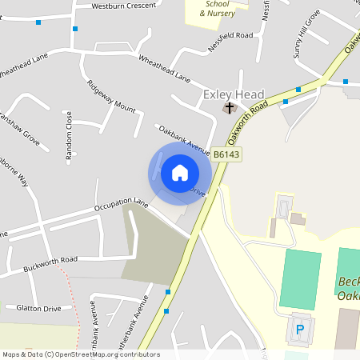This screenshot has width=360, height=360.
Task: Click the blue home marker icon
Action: click(x=179, y=172)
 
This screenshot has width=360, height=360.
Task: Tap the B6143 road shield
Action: click(x=227, y=154)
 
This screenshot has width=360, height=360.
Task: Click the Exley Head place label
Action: click(x=234, y=94)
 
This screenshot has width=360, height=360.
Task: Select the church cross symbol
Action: click(x=230, y=106)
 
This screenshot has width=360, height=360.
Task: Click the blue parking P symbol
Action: click(x=301, y=329)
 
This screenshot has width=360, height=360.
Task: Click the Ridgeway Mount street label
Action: click(x=112, y=94)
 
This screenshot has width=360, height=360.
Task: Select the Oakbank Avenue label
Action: click(x=183, y=140)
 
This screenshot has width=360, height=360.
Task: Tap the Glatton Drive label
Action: click(x=39, y=308)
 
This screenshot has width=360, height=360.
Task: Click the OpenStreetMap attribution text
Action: click(x=81, y=354)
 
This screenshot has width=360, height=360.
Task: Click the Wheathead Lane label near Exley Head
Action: click(x=164, y=69)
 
